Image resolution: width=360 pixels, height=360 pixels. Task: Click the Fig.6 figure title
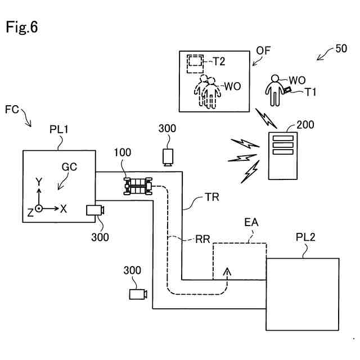(x=21, y=27)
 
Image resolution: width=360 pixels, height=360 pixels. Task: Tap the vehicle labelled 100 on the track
(x=138, y=186)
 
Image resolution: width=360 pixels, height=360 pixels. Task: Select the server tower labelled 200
(x=283, y=156)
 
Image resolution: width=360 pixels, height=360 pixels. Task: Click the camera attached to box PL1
(x=95, y=210)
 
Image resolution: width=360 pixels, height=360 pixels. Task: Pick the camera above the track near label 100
(x=168, y=157)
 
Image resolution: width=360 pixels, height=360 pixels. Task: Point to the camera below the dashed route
(x=138, y=294)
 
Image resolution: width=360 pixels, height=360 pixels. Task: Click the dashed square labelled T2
(x=195, y=64)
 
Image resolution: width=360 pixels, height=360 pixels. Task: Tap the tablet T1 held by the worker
(x=287, y=90)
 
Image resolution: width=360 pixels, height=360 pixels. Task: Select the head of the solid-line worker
(x=275, y=79)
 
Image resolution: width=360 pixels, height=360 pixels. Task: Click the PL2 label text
(x=305, y=237)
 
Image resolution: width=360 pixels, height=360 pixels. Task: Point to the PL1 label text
(x=59, y=129)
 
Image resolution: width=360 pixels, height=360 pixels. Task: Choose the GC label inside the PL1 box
(x=69, y=167)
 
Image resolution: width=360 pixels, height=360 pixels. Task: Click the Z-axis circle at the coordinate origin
(x=39, y=209)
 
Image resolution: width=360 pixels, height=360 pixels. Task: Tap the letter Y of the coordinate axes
(x=39, y=181)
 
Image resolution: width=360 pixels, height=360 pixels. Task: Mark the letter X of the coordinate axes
(x=64, y=209)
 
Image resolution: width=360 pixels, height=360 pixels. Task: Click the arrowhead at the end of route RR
(x=227, y=271)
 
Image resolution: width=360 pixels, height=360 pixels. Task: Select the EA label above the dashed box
(x=251, y=222)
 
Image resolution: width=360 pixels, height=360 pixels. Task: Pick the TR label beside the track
(x=212, y=197)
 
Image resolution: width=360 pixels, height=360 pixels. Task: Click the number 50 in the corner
(x=341, y=49)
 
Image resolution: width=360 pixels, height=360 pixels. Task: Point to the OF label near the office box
(x=263, y=51)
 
